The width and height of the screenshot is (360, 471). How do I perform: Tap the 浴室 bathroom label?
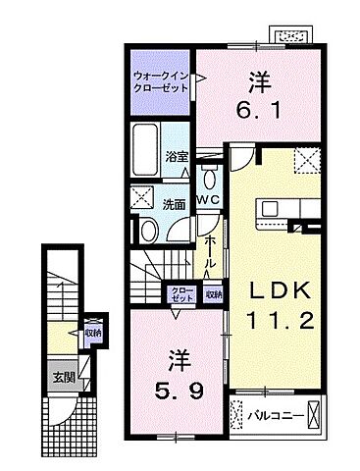click(x=177, y=156)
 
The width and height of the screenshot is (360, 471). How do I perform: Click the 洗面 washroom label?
click(x=175, y=205)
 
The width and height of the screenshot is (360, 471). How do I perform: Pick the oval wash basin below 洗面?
click(x=146, y=231)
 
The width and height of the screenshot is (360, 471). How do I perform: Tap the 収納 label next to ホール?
click(x=213, y=293)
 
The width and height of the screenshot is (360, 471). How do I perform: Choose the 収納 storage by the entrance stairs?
click(x=90, y=332)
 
